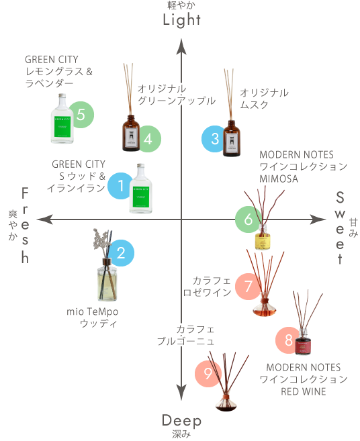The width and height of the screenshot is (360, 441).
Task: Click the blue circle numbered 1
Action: click(x=120, y=186)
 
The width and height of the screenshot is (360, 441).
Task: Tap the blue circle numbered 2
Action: click(x=121, y=253)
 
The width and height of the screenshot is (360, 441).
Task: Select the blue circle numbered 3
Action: click(x=214, y=139)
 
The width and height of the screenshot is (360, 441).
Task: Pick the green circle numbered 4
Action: click(x=148, y=139)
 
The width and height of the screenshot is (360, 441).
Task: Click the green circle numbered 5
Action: click(x=81, y=115)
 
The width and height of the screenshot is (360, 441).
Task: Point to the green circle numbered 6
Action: click(x=248, y=219)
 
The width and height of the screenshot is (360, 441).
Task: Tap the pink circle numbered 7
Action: click(x=248, y=287)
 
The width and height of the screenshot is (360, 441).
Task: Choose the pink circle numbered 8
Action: click(x=288, y=340)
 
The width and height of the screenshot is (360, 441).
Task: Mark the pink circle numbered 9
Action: click(x=208, y=373)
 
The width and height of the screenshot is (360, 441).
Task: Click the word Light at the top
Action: click(x=182, y=20)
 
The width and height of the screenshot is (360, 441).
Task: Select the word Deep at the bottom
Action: click(x=181, y=421)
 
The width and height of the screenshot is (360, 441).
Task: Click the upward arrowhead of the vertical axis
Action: click(x=181, y=46)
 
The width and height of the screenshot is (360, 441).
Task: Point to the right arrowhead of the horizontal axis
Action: click(x=318, y=219)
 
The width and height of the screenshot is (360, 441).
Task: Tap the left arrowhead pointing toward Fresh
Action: click(x=45, y=219)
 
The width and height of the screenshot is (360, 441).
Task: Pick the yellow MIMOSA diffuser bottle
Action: click(x=263, y=237)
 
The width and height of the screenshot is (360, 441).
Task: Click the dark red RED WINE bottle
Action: click(x=303, y=342)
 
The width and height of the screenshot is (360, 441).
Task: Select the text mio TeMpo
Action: click(x=92, y=311)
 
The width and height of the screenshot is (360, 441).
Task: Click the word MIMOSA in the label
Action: click(x=279, y=179)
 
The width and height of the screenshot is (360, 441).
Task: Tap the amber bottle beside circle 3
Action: click(x=232, y=138)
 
